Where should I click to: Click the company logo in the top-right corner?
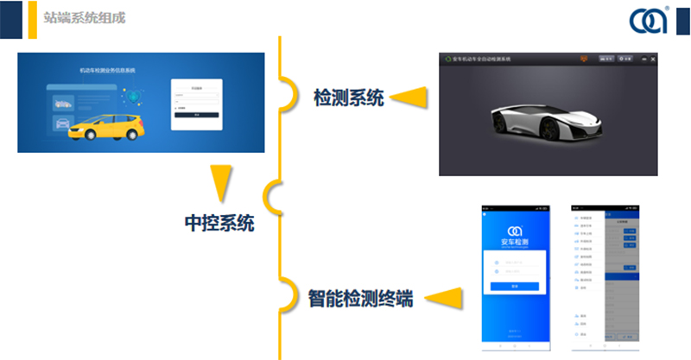click(649, 20)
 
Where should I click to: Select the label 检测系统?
click(348, 98)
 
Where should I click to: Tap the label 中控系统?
click(219, 223)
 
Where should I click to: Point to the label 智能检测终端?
click(360, 299)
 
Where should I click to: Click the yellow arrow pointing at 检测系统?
click(410, 98)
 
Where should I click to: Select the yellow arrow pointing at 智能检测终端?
click(443, 299)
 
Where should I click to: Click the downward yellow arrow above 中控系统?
click(221, 183)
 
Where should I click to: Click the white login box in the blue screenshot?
click(197, 104)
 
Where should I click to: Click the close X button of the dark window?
click(653, 59)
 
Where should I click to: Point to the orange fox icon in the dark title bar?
click(584, 59)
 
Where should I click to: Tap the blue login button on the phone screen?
click(515, 286)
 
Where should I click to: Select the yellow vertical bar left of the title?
click(32, 19)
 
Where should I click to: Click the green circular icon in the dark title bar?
click(446, 60)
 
